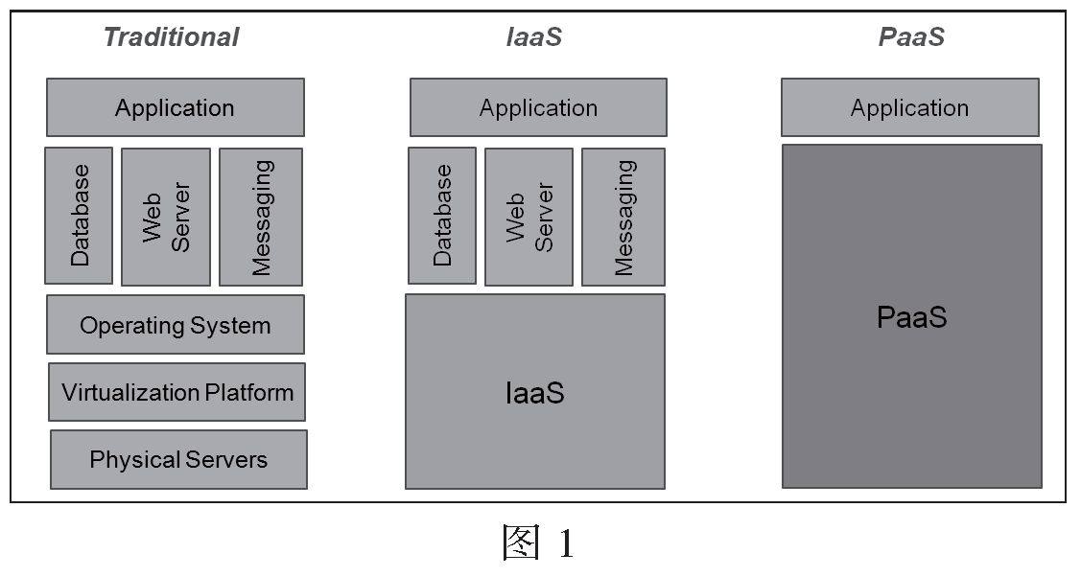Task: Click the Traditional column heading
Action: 171,37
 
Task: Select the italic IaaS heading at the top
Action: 533,37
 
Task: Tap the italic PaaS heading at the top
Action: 910,37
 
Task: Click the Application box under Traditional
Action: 176,107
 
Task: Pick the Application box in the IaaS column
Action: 538,107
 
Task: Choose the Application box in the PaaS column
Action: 909,107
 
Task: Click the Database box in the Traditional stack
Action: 79,216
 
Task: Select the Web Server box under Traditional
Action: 166,217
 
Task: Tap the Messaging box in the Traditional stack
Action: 261,217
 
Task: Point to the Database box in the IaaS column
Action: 442,216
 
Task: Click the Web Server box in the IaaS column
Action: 529,217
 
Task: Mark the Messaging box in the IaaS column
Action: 623,217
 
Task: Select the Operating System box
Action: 176,325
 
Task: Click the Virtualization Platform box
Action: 177,392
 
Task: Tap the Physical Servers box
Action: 178,459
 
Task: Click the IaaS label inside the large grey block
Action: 534,392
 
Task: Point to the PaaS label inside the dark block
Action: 911,317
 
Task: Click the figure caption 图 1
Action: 538,543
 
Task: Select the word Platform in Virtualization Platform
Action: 248,392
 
